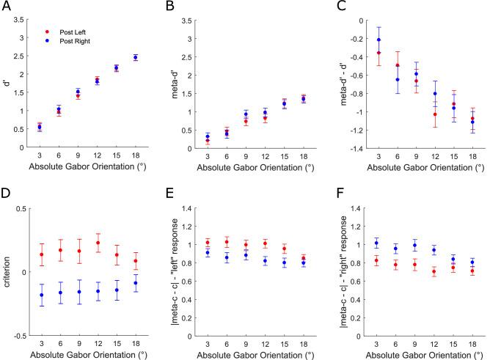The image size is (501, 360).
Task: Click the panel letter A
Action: coord(7,7)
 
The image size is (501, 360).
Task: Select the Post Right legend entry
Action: coord(67,43)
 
